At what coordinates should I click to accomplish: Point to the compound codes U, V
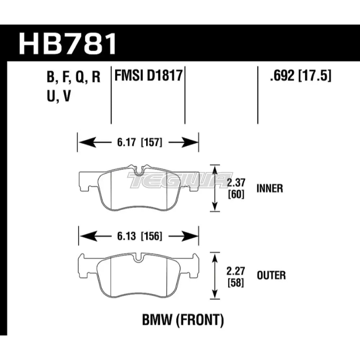57,96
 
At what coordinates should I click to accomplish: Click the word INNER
270,188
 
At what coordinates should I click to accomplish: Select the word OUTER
271,276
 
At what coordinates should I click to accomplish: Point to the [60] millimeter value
236,194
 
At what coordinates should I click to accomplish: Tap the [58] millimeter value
236,283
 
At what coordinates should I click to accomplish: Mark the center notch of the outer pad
139,258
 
